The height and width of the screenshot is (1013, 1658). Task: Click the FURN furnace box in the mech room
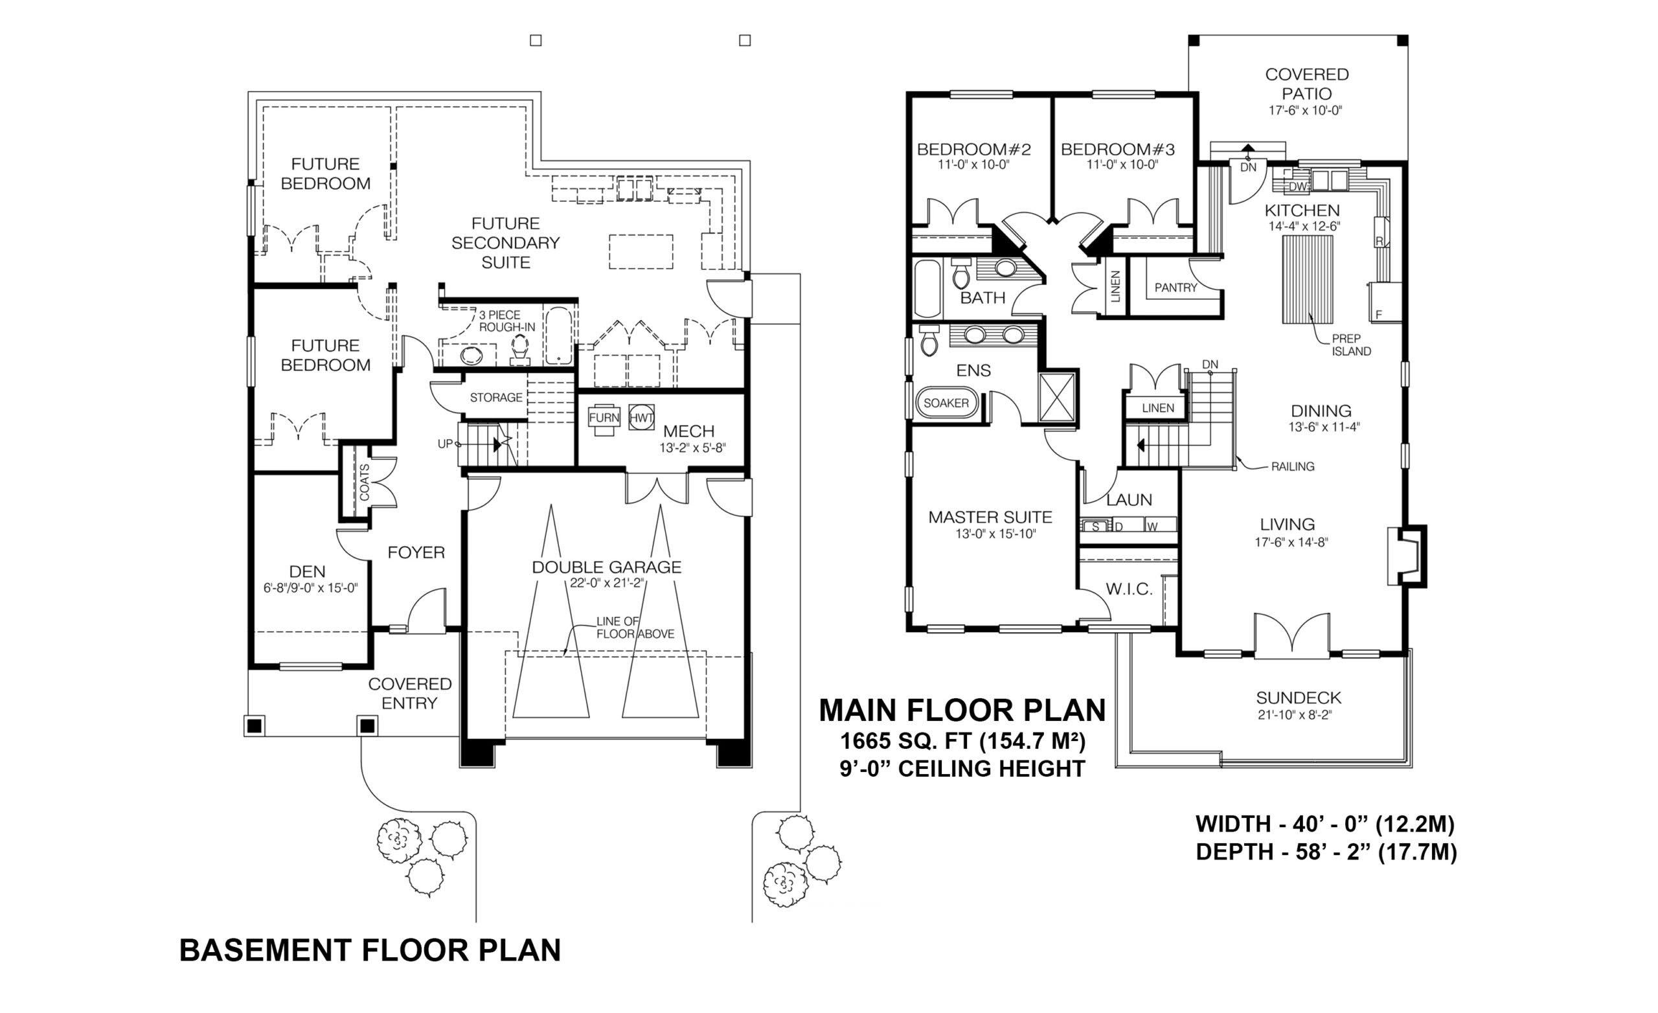point(604,418)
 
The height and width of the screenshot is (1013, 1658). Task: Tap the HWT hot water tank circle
point(641,418)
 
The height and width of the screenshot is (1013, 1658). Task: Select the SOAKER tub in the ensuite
point(946,403)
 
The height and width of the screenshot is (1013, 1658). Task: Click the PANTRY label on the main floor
point(1175,288)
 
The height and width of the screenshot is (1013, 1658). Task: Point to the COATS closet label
point(364,482)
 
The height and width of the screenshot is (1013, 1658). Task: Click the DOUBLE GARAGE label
point(606,567)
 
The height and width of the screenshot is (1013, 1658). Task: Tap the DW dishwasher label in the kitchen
point(1298,187)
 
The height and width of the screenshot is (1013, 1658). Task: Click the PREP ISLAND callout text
point(1351,345)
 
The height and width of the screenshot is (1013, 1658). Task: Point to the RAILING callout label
point(1292,466)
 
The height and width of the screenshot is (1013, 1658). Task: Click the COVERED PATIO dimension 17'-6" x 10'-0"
point(1306,110)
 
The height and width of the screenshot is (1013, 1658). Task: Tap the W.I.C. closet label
point(1129,589)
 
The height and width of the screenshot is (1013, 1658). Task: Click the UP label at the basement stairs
point(445,444)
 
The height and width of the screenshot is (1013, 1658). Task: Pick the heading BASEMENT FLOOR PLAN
point(369,950)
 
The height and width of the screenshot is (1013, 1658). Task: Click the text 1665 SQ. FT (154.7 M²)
point(962,741)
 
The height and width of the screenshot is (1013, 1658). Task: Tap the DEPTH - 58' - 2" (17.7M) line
point(1326,852)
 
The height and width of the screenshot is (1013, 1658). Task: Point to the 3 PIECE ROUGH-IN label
point(506,321)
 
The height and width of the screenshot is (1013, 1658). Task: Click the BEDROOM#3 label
point(1118,150)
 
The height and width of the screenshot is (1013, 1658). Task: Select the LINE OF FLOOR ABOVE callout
point(635,628)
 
